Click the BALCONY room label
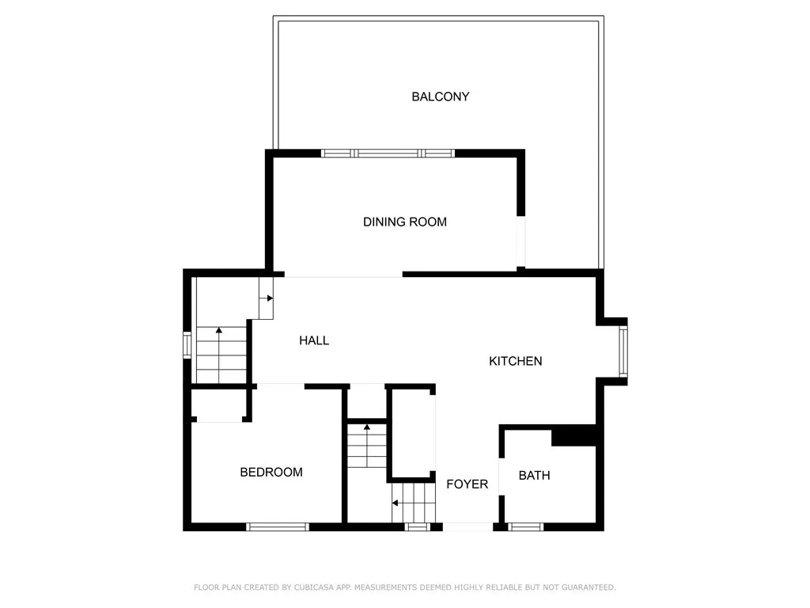[440, 97]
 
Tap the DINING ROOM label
[405, 222]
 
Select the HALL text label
[314, 340]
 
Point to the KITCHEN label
[516, 361]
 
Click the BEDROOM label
[271, 473]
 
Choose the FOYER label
[467, 484]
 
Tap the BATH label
[534, 476]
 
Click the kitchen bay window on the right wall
[623, 351]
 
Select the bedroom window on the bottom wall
[277, 526]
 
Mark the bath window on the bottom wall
[525, 526]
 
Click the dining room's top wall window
[388, 153]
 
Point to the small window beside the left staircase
[187, 346]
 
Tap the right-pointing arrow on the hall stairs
[270, 298]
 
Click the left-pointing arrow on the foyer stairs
[395, 503]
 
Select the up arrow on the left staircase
[220, 330]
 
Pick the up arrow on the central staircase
[366, 428]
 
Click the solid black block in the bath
[573, 436]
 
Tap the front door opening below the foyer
[467, 526]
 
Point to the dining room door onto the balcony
[520, 241]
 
